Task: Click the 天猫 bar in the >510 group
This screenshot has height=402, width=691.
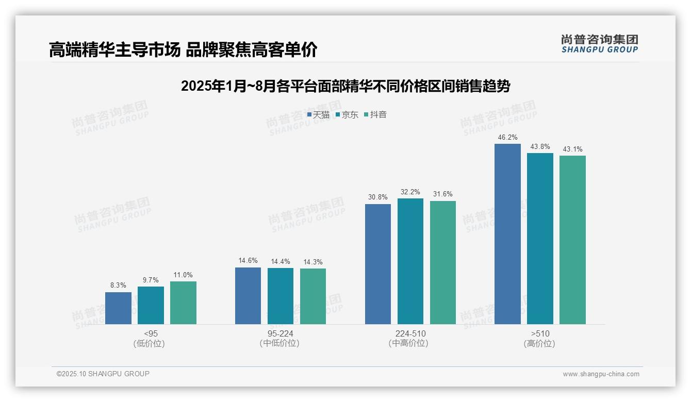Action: coord(507,234)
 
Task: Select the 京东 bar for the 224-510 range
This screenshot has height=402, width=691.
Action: coord(410,261)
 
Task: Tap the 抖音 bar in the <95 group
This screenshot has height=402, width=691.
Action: coord(183,303)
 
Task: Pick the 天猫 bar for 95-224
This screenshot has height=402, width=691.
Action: coord(248,296)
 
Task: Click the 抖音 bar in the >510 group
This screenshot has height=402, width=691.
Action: coord(572,240)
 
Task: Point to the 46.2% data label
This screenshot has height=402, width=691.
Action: coord(507,138)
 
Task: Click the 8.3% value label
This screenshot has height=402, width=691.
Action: coord(118,285)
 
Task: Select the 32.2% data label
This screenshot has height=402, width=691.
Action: coord(410,192)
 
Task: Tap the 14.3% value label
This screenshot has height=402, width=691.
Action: coord(313,262)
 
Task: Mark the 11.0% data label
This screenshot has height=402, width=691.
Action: coord(183,275)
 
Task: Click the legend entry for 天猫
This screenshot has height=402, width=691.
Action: coord(319,115)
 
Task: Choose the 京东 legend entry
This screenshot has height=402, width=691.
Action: coord(347,115)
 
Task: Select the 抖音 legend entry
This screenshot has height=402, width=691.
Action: coord(375,115)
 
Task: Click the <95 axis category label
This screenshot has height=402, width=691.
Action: coord(151,333)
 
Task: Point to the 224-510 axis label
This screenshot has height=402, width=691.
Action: coord(410,333)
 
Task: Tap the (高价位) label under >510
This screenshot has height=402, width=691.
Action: coord(540,343)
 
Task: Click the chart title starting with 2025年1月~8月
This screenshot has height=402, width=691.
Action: coord(345,86)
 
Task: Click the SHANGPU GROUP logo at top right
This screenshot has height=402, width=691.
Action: coord(599,44)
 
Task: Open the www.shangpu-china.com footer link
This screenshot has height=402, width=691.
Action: coord(601,374)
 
